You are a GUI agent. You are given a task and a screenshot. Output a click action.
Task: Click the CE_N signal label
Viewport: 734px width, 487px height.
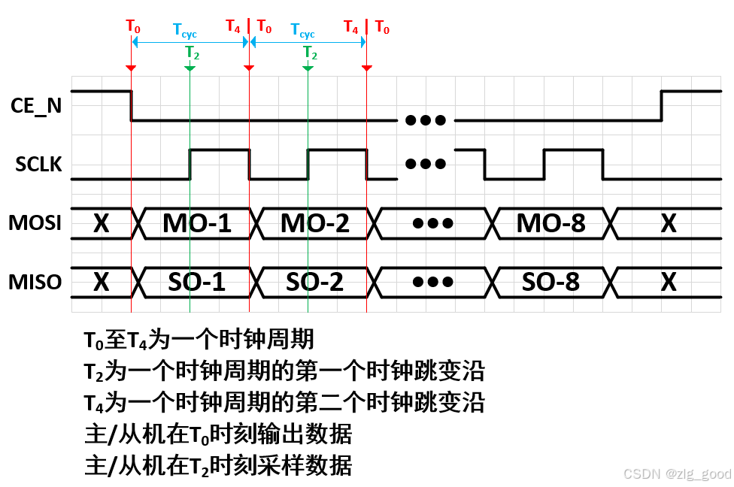(x=37, y=106)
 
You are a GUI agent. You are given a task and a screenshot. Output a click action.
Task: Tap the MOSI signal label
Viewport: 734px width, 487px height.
(x=35, y=223)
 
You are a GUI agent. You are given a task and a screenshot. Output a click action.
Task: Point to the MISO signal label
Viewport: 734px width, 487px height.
(x=35, y=282)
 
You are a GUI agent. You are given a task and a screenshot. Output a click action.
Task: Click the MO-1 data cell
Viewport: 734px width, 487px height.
(x=197, y=223)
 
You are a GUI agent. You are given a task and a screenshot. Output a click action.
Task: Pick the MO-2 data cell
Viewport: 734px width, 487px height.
(x=315, y=223)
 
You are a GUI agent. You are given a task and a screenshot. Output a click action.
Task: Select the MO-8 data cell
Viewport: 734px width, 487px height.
(x=551, y=223)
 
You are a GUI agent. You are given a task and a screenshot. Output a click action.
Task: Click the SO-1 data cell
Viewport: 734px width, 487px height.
(x=197, y=282)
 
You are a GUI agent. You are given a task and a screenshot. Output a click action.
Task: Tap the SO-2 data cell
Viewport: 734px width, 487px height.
(x=315, y=282)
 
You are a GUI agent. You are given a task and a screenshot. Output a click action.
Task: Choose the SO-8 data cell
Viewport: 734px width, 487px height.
(x=551, y=282)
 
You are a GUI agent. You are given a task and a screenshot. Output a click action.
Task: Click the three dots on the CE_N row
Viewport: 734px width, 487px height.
(x=426, y=120)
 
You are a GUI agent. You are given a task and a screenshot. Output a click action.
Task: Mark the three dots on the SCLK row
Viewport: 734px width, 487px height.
(x=426, y=164)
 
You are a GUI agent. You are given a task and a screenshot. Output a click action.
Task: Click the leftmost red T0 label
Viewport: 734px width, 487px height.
(x=133, y=27)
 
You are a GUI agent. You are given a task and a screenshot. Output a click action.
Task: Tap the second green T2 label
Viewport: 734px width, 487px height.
(x=310, y=53)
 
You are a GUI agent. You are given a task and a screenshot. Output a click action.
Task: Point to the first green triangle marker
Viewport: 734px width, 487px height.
(x=190, y=68)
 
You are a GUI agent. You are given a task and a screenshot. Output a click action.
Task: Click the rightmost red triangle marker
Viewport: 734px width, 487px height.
(x=367, y=68)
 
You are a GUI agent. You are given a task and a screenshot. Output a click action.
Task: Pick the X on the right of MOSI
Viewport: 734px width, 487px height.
(x=669, y=223)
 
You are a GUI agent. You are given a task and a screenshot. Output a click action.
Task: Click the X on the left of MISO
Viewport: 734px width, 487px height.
(x=102, y=282)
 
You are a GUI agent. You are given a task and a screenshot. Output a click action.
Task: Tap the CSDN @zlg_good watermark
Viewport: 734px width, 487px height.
(x=677, y=474)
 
